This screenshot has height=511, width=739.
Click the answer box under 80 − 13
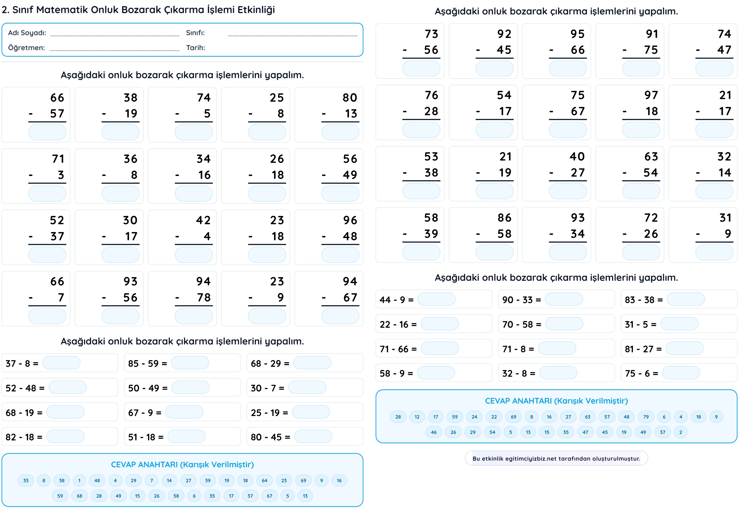pyautogui.click(x=340, y=132)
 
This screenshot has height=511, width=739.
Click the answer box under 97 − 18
pyautogui.click(x=641, y=130)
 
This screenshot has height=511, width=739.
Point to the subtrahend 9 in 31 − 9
pyautogui.click(x=728, y=234)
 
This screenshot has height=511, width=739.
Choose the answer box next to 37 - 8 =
pyautogui.click(x=61, y=363)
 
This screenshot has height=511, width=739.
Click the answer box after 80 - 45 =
pyautogui.click(x=313, y=436)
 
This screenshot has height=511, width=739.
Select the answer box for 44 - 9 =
pyautogui.click(x=436, y=299)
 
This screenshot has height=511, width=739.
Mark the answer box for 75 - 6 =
pyautogui.click(x=681, y=373)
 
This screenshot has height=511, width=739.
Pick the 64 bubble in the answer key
pyautogui.click(x=264, y=480)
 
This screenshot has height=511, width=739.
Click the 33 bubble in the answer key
pyautogui.click(x=26, y=480)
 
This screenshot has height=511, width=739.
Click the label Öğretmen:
pyautogui.click(x=27, y=48)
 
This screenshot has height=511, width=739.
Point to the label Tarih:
pyautogui.click(x=196, y=48)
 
